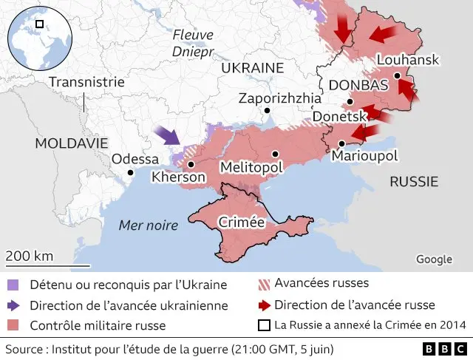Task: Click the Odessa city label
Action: (135, 159)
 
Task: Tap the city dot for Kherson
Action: (191, 165)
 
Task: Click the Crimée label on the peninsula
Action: (242, 222)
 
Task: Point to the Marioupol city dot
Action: (341, 143)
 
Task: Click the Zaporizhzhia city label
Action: (280, 98)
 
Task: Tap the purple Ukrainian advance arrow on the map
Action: (169, 135)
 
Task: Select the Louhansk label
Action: (407, 60)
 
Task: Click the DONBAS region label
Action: (358, 85)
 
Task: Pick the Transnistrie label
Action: (86, 82)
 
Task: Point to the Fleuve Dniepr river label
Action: (192, 43)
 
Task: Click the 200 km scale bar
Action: (47, 265)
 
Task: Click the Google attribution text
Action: (434, 259)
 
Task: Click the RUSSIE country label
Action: (414, 181)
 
